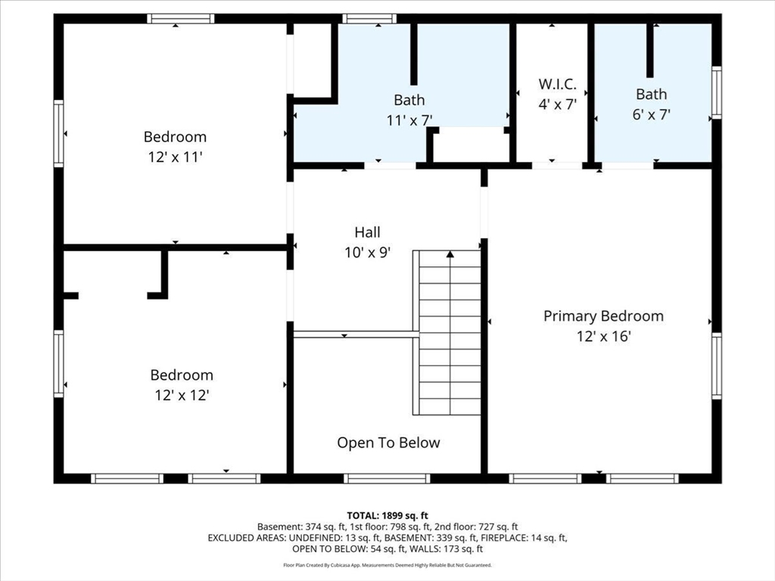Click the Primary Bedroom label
[603, 316]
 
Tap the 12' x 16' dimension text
[603, 336]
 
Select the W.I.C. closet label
[558, 85]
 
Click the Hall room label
[368, 232]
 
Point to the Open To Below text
[388, 443]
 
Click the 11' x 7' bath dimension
[409, 120]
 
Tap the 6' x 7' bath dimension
[651, 114]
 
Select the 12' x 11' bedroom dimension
[175, 157]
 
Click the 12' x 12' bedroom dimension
[182, 395]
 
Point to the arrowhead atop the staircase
[450, 255]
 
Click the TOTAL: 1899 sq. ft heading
[387, 515]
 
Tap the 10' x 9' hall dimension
[368, 253]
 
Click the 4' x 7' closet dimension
[558, 104]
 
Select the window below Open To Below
[387, 478]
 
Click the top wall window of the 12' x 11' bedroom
[180, 19]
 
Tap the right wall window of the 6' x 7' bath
[716, 92]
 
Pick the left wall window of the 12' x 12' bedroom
[58, 364]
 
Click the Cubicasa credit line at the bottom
[387, 565]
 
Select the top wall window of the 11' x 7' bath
[369, 19]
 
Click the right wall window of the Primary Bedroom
[716, 366]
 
